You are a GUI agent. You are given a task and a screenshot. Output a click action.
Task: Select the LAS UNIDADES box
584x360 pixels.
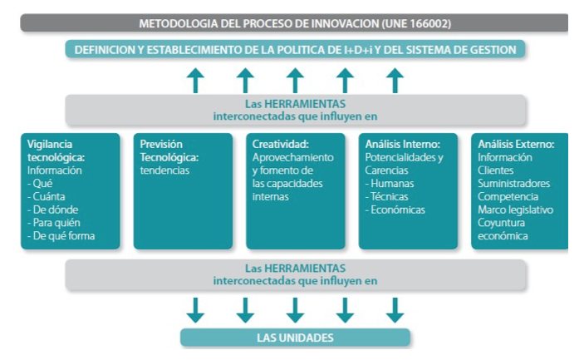click(295, 338)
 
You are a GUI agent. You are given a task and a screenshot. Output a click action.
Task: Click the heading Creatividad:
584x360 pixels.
click(281, 144)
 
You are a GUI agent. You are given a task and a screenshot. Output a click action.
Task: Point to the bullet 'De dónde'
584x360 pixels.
click(52, 210)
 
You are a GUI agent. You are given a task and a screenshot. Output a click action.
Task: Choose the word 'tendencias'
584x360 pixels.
click(164, 170)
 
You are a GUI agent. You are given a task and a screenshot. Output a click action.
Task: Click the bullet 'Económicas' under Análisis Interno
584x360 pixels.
click(395, 210)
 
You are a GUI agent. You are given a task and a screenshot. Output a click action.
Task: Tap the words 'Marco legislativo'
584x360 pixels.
click(516, 210)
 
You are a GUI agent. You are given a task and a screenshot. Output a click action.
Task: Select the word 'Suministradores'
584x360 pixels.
click(514, 184)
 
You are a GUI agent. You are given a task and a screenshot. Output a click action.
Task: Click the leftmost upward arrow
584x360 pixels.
click(195, 80)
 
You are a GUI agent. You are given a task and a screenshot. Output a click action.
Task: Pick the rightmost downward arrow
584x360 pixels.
click(395, 310)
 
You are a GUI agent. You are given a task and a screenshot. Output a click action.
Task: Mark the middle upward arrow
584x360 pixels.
click(295, 80)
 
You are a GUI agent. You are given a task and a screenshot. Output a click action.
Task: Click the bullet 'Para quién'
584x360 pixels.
click(54, 223)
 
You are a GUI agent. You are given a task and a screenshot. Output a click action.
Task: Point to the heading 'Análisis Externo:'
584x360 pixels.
click(516, 144)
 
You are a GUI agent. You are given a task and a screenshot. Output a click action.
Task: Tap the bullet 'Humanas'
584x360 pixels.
click(390, 184)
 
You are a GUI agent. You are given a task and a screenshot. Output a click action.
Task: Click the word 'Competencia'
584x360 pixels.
click(508, 196)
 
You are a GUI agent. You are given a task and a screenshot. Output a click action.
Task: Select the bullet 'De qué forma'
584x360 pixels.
click(61, 235)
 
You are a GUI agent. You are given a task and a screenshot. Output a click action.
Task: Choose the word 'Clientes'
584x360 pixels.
click(496, 170)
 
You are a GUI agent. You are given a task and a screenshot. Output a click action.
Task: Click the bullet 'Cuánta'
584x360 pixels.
click(46, 196)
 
